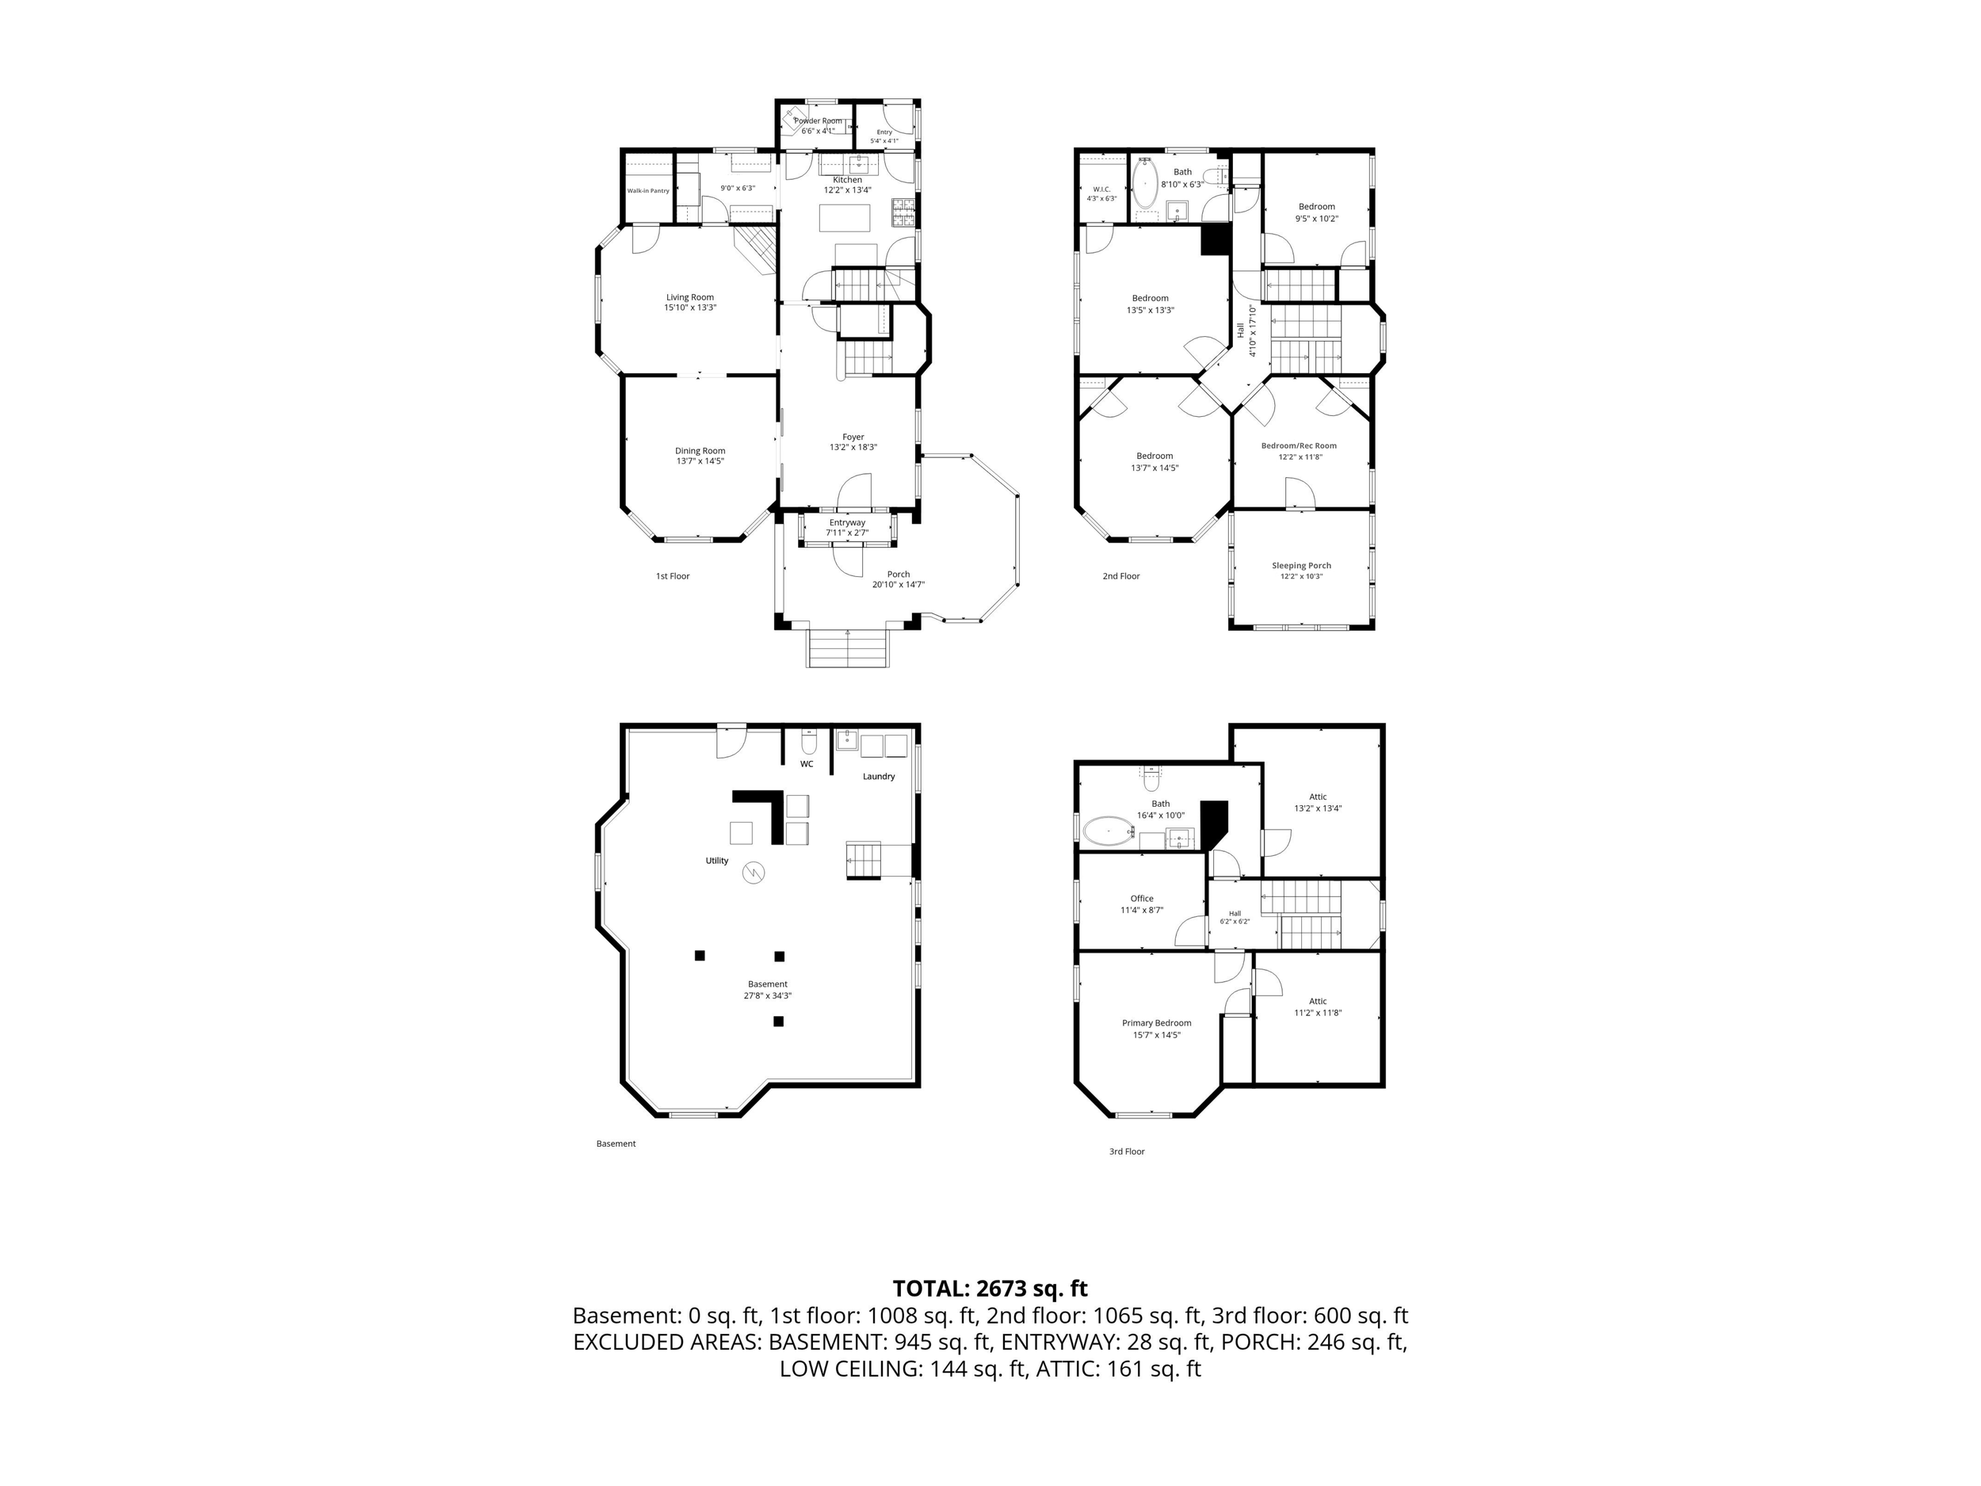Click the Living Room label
(689, 297)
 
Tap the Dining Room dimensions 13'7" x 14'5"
(700, 461)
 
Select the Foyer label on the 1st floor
(853, 437)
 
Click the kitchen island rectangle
(845, 219)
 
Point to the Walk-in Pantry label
(647, 191)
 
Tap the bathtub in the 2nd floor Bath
(1144, 185)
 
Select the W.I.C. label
(1101, 189)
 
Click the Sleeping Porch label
(1301, 566)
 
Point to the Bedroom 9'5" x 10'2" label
(1316, 207)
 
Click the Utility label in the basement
(716, 861)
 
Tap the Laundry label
(879, 777)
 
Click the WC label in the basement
(807, 764)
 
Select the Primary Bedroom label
(1156, 1023)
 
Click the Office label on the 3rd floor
(1142, 899)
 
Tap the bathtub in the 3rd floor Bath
(1109, 831)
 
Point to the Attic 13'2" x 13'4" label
(1319, 797)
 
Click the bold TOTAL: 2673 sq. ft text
(990, 1288)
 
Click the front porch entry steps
(849, 647)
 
